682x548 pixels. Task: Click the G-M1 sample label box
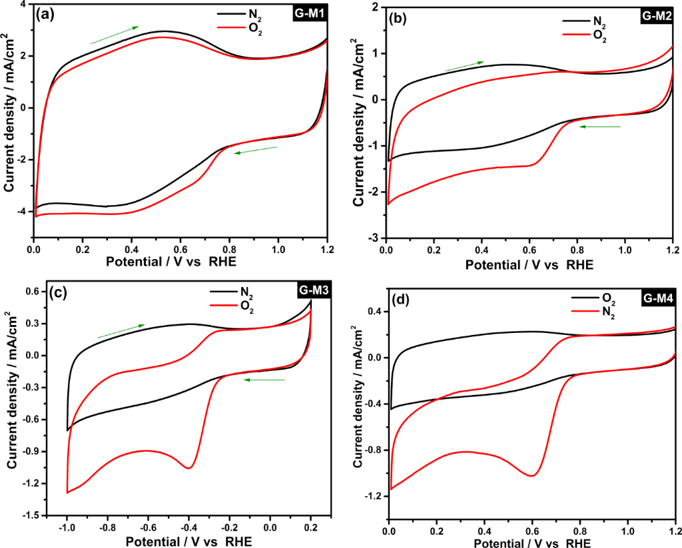click(x=309, y=13)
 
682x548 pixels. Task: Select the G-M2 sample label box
click(x=657, y=17)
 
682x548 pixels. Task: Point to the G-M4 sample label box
click(x=658, y=299)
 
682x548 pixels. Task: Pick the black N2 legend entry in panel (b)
click(x=586, y=21)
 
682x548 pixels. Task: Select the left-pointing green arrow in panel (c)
click(x=264, y=380)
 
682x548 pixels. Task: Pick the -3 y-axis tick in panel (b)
click(x=377, y=238)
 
